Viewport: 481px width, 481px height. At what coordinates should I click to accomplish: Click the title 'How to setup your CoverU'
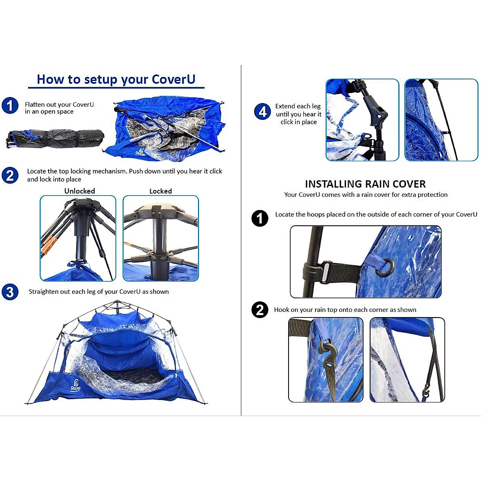coord(116,79)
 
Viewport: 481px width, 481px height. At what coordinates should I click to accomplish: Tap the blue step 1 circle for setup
coord(10,106)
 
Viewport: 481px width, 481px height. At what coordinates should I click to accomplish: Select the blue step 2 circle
coord(10,176)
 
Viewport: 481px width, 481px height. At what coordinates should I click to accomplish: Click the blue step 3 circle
coord(10,292)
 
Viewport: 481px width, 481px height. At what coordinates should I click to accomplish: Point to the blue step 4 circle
coord(263,111)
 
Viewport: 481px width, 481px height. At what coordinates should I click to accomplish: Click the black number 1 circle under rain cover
coord(260,218)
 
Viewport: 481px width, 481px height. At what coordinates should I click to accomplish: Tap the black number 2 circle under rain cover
coord(260,310)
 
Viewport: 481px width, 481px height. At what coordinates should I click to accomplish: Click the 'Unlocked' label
coord(79,191)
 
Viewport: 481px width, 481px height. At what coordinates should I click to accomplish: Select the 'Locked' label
coord(160,191)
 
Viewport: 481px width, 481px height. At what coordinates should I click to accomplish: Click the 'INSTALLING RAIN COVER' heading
coord(365,184)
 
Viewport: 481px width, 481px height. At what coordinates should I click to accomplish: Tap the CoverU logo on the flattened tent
coord(140,152)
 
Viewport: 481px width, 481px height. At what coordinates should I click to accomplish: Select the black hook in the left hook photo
coord(328,353)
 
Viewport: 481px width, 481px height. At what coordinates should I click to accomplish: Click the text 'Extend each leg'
coord(298,106)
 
